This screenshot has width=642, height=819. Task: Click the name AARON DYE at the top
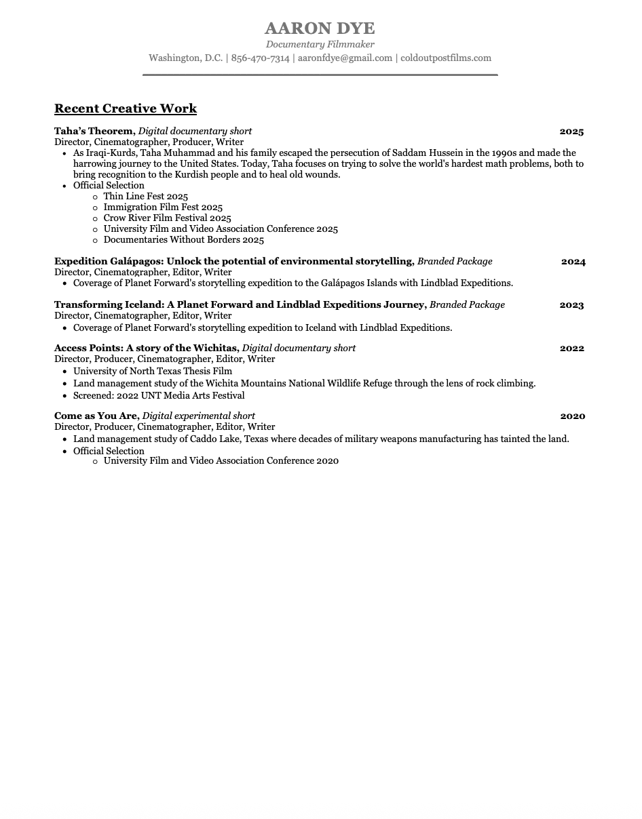320,28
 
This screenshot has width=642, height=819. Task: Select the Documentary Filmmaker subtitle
320,44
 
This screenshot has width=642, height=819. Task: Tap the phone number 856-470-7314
260,58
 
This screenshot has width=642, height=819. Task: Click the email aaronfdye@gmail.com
345,58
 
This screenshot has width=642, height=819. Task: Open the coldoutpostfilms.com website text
446,58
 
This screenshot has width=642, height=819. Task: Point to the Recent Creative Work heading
126,108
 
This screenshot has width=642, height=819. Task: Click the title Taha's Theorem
94,132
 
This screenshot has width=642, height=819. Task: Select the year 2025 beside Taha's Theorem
571,132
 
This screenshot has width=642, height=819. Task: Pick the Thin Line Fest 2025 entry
145,197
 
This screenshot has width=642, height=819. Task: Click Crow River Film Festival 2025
167,218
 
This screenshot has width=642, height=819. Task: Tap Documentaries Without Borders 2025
183,240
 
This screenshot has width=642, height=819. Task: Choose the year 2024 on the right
573,262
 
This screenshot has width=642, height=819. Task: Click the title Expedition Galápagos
109,262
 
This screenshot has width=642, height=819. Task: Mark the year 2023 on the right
571,305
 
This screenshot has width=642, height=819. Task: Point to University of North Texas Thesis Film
153,372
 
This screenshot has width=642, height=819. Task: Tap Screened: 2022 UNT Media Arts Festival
159,396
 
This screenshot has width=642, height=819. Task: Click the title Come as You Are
96,416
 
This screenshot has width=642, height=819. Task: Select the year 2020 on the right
572,416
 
